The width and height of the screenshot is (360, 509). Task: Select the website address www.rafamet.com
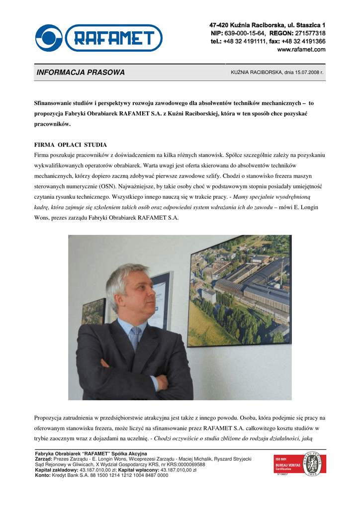301,49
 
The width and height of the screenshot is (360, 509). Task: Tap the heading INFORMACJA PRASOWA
81,73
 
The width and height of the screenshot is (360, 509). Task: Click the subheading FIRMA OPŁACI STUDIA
70,145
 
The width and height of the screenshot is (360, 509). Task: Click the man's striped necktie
135,338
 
